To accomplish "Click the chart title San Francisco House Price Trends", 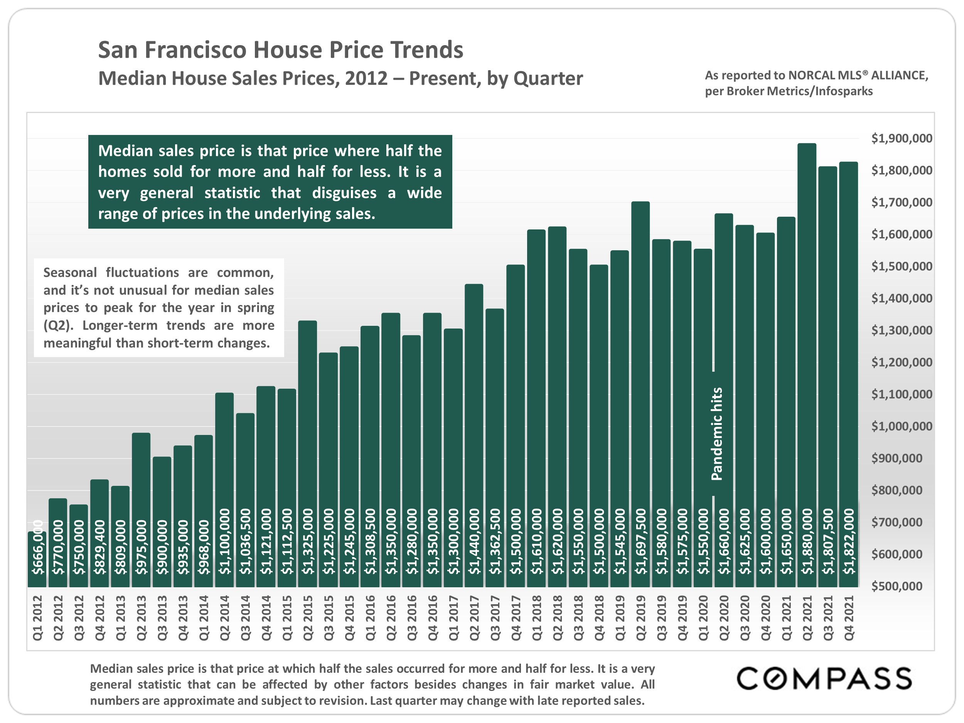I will (280, 50).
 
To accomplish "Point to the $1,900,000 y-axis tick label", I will (901, 138).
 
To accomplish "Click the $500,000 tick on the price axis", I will (897, 586).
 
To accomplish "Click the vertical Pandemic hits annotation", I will (716, 434).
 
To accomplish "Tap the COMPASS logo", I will (824, 679).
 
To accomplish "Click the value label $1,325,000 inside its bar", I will (308, 541).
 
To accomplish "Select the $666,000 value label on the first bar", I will (38, 548).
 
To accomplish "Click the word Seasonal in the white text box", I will (70, 272).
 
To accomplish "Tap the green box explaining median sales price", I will (270, 182).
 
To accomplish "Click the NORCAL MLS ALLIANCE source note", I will (816, 83).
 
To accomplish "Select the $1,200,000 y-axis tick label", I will (901, 362).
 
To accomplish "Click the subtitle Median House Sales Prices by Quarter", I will (340, 78).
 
